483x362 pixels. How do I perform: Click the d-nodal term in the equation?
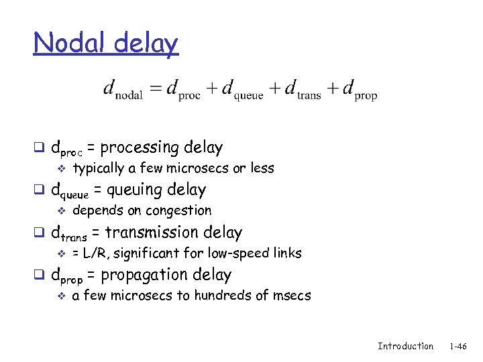click(123, 90)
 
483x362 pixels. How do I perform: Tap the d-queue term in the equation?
click(242, 90)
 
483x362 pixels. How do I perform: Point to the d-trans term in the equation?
click(303, 90)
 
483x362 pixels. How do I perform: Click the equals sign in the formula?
click(156, 89)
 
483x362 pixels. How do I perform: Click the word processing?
click(140, 148)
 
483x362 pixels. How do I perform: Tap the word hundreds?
click(225, 295)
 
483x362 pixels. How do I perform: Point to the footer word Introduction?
click(405, 346)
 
